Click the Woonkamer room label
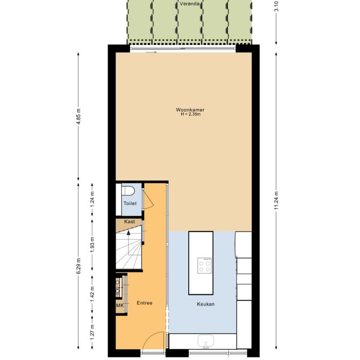(190, 110)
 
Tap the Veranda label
(189, 4)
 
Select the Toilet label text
(130, 204)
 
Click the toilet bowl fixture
(128, 191)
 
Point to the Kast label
(130, 222)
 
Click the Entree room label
(145, 303)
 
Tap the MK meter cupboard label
(120, 305)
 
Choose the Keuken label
(206, 304)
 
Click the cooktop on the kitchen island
(204, 265)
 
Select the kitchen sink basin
(206, 340)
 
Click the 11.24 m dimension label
(276, 200)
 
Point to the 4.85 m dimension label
(79, 116)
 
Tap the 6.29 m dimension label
(79, 266)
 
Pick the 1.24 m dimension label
(92, 199)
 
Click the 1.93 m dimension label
(92, 245)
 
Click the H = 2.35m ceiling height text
(191, 114)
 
